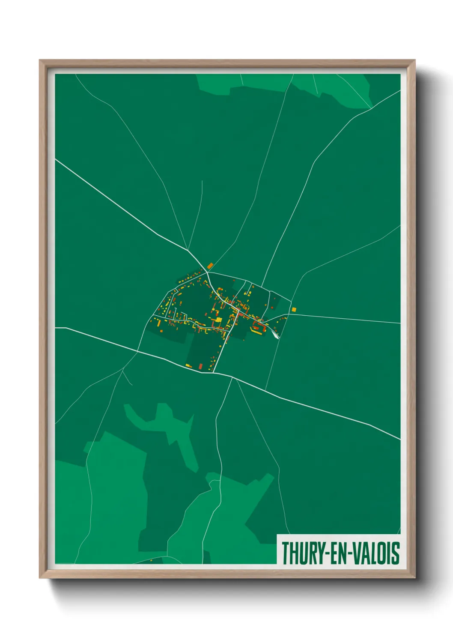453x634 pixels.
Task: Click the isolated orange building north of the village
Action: coord(210,266)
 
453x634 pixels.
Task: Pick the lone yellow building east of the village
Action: coord(294,309)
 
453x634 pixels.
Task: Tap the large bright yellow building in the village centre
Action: coord(218,319)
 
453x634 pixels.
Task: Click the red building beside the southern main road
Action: coord(200,366)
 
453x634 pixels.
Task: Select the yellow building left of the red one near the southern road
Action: coord(188,365)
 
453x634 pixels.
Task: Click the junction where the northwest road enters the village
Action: coord(207,272)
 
